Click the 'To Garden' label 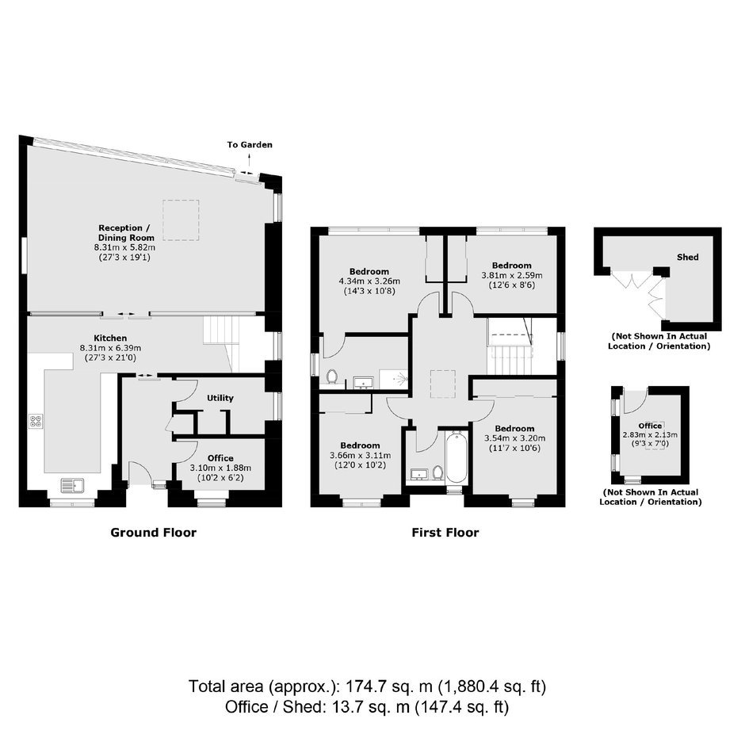(x=250, y=145)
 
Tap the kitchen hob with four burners (x=36, y=421)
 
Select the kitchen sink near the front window (x=72, y=485)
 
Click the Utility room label (x=220, y=398)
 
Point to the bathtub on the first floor (x=457, y=457)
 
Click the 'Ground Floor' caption (x=154, y=533)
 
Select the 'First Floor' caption (x=445, y=533)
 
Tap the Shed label (x=687, y=257)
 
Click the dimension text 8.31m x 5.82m (x=124, y=247)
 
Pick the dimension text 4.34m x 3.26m (x=369, y=281)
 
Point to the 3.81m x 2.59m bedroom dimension (x=512, y=275)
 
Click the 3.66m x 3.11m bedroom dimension (x=360, y=455)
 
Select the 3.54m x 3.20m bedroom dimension (x=514, y=438)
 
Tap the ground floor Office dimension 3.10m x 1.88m (x=220, y=468)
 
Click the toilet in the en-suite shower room (x=332, y=377)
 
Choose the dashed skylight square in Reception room (x=181, y=220)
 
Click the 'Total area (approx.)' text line (x=367, y=686)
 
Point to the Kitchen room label (x=110, y=338)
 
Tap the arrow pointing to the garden (x=250, y=160)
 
